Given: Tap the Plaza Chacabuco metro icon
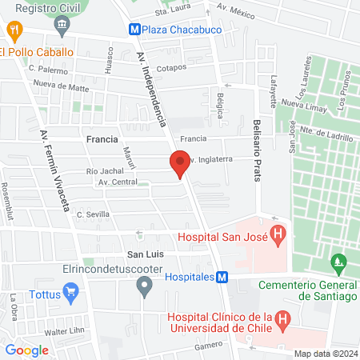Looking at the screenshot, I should point(136,29).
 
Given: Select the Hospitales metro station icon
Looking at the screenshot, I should point(222,277).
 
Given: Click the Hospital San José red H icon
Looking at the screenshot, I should point(278,236).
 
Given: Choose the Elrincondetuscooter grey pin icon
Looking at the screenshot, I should point(144,286).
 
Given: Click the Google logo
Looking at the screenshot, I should point(27,350).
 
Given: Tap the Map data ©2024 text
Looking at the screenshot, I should point(324,354).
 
